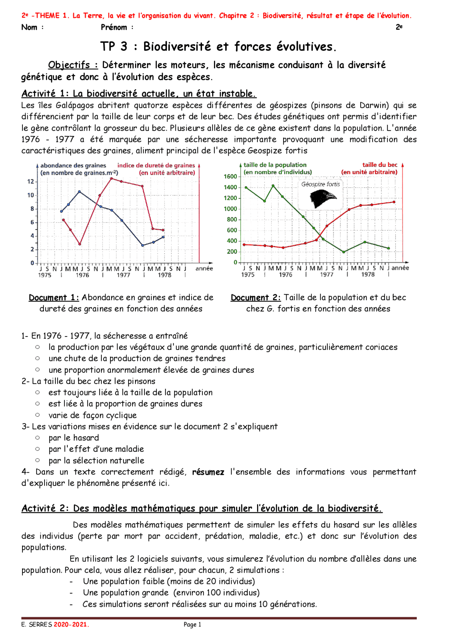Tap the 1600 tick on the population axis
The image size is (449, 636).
point(230,176)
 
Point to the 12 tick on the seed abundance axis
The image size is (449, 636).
point(31,182)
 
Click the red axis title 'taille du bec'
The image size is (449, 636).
point(380,165)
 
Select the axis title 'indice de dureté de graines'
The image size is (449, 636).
point(156,165)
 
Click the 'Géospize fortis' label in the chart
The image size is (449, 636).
point(321,184)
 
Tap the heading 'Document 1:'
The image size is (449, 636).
point(54,297)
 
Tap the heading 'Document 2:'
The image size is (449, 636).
point(255,297)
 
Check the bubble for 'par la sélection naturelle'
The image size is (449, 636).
point(38,460)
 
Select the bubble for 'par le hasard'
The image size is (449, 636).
point(38,438)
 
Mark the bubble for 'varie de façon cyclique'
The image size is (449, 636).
point(38,415)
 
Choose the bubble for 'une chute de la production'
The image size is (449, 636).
point(38,358)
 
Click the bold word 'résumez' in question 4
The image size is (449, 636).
point(208,472)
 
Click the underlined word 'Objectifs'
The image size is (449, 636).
point(69,65)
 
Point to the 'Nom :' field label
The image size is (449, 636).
point(32,27)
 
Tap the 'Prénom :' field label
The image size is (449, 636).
point(117,27)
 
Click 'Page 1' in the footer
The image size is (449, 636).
point(193,624)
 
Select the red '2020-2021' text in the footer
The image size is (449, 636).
point(71,624)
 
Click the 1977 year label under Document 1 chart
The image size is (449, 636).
point(123,275)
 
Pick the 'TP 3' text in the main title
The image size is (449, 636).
point(114,46)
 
